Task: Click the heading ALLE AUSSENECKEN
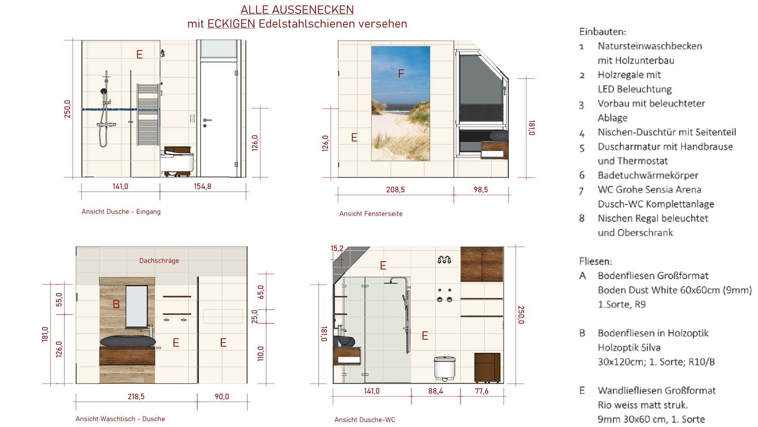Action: tap(297, 9)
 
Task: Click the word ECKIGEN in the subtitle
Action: tap(231, 24)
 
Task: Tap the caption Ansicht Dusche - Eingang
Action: tap(121, 211)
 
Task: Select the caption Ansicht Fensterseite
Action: tap(371, 213)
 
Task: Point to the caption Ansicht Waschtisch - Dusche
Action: tap(120, 419)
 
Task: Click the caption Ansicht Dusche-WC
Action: tap(365, 420)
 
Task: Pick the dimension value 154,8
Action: tap(202, 186)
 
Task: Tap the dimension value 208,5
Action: tap(395, 189)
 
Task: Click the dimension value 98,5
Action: tap(480, 189)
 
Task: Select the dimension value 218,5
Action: tap(136, 396)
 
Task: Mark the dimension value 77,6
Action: tap(482, 391)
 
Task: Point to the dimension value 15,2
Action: tap(337, 248)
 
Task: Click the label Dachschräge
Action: tap(159, 260)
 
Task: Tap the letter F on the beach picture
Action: tap(401, 74)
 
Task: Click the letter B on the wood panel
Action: tap(116, 304)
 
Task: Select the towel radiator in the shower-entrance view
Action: tap(148, 114)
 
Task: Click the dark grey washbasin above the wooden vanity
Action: tap(127, 341)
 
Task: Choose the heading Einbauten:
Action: tap(603, 31)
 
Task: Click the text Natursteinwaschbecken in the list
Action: tap(650, 46)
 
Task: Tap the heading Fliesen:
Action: tap(595, 261)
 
